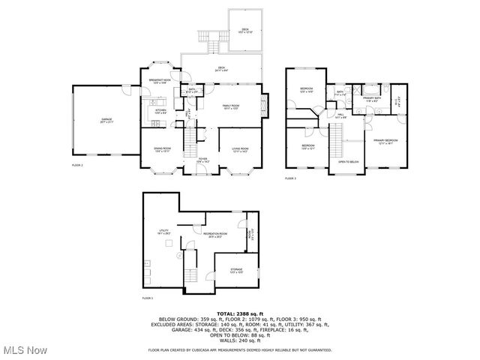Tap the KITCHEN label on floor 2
[160, 109]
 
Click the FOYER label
[202, 159]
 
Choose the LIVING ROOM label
[240, 148]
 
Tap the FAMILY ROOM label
[231, 106]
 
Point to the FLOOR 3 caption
[290, 179]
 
